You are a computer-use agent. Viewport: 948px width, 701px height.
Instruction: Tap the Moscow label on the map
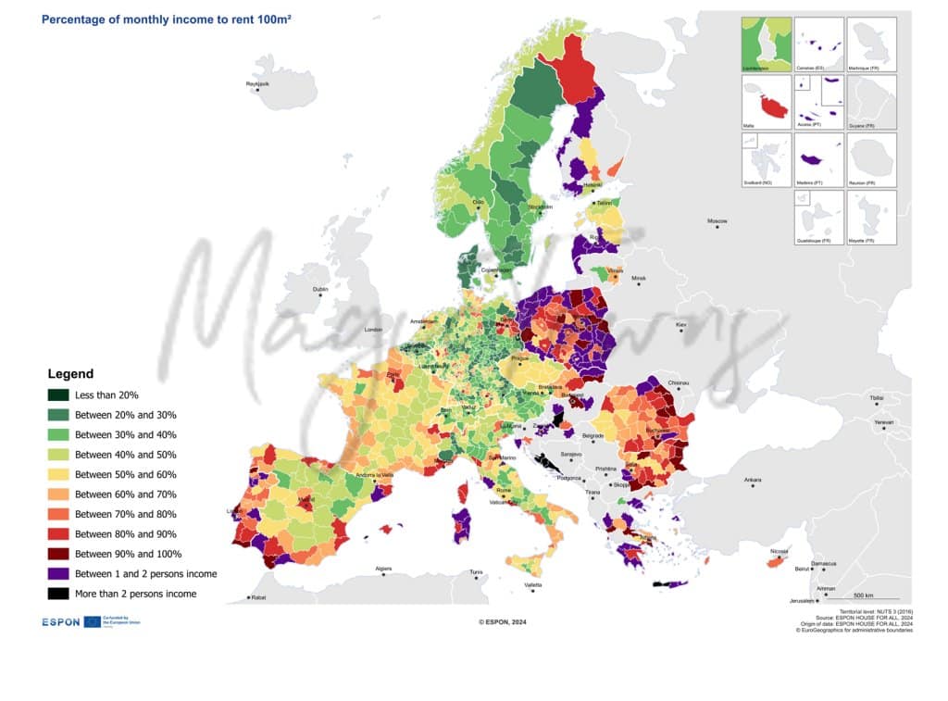click(x=717, y=221)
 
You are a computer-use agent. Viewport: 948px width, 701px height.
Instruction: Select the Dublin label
click(x=320, y=290)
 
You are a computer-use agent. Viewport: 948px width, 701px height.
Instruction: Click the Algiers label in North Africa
click(x=383, y=568)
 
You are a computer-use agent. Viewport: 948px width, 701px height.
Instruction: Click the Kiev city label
click(x=682, y=326)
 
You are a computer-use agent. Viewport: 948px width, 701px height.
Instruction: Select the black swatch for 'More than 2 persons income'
click(x=58, y=594)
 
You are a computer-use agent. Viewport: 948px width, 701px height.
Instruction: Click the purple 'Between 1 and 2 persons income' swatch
click(x=58, y=574)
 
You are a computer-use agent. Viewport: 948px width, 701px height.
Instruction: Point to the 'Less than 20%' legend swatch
click(x=58, y=395)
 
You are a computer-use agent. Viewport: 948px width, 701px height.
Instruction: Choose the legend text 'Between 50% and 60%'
click(x=125, y=474)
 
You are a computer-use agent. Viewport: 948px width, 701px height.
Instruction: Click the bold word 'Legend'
click(x=70, y=374)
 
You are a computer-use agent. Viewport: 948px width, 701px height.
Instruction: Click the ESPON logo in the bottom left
click(x=61, y=622)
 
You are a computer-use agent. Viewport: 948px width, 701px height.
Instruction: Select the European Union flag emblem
click(x=93, y=622)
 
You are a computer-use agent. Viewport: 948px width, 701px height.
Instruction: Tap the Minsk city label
click(x=638, y=278)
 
